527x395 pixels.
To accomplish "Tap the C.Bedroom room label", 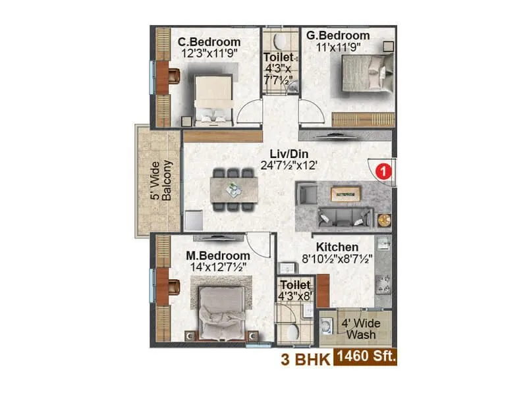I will [x=209, y=41].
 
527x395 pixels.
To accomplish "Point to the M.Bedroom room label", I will [x=217, y=255].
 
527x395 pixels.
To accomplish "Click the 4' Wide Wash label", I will [x=358, y=329].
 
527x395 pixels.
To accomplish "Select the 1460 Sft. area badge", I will [x=366, y=358].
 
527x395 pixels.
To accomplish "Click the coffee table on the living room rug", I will [x=345, y=193].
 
